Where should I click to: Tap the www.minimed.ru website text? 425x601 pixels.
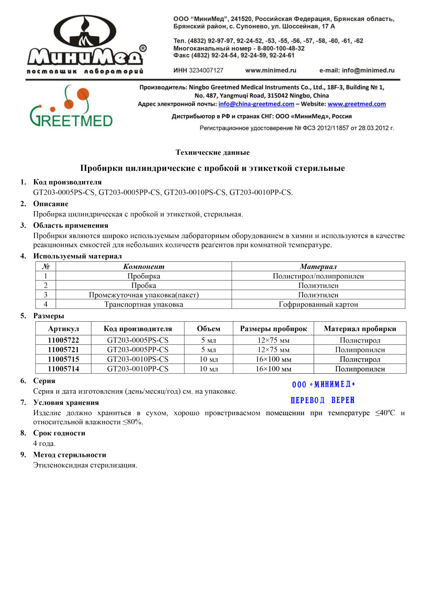pos(271,71)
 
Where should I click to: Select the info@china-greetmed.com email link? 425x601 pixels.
pos(256,104)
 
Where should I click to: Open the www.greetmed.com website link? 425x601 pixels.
pos(357,104)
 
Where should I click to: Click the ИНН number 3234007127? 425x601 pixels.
pos(206,71)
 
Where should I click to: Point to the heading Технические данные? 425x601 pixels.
pos(212,153)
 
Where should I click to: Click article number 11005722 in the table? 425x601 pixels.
pos(63,340)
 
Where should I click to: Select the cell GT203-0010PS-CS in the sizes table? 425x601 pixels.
pos(138,360)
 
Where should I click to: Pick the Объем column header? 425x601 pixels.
pos(209,329)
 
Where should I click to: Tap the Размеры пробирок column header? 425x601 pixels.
pos(273,329)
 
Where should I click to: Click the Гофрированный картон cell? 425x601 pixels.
pos(318,304)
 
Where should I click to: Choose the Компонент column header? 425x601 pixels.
pos(144,267)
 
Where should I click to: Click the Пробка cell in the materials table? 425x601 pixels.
pos(144,286)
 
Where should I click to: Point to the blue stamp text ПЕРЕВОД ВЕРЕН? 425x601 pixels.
pos(323,400)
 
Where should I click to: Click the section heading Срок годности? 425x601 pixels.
pos(59,433)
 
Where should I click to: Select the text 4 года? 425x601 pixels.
pos(44,444)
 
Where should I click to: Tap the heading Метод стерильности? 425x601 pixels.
pos(70,455)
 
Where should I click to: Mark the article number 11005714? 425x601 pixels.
pos(63,369)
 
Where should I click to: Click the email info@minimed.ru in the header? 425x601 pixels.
pos(368,71)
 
